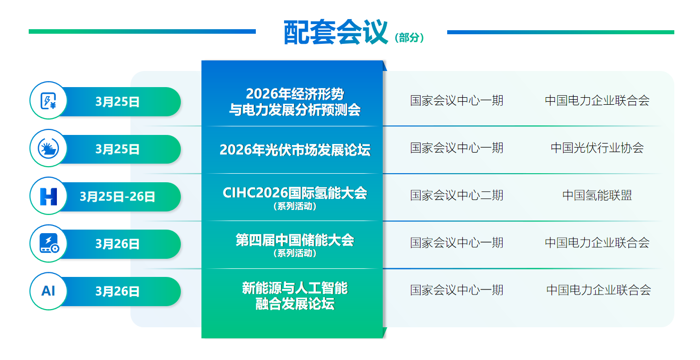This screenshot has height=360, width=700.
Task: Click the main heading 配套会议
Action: tap(335, 33)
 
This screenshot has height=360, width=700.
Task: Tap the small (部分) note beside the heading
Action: tap(410, 38)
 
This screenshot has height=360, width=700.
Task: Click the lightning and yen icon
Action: tap(48, 101)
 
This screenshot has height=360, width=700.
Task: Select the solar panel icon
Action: tap(48, 148)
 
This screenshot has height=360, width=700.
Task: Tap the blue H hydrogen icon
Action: tap(48, 196)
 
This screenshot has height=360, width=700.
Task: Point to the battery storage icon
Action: tap(48, 243)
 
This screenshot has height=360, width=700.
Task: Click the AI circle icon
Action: tap(48, 291)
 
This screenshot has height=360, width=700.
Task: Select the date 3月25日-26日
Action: tap(117, 196)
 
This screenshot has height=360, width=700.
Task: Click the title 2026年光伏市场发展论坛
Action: tap(295, 150)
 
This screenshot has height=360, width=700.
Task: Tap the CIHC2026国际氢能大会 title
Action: tap(295, 193)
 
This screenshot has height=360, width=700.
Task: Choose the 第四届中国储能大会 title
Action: tap(295, 240)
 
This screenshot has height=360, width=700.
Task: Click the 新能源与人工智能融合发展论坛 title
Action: tap(295, 296)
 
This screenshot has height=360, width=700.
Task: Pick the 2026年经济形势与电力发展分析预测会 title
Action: tap(295, 101)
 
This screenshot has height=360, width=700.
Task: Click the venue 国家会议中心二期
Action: tap(456, 195)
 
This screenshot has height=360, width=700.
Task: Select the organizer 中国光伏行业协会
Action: tap(597, 148)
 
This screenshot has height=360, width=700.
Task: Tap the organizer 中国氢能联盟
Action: tap(597, 195)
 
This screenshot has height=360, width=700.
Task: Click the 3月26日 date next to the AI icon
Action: tap(117, 292)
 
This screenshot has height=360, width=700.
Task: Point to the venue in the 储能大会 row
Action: tap(456, 243)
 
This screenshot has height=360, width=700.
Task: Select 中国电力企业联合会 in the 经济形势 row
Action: tap(597, 100)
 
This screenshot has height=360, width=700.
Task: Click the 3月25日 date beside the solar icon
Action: tap(117, 149)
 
